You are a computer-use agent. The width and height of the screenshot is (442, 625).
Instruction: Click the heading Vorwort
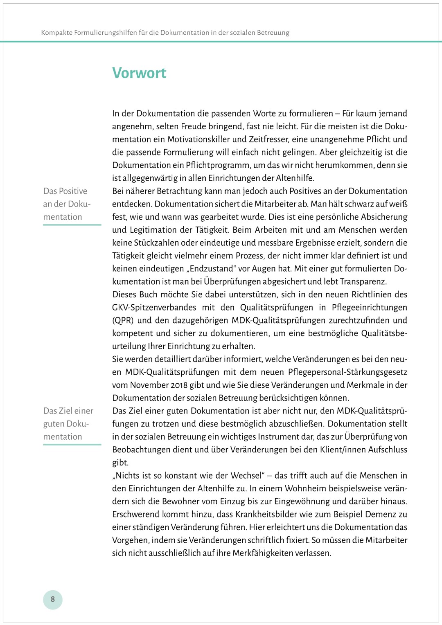139,73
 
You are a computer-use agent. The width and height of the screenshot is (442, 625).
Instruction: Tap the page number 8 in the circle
53,599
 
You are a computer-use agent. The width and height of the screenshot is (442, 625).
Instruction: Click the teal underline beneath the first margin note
72,225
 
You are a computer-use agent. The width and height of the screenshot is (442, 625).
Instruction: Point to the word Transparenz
363,282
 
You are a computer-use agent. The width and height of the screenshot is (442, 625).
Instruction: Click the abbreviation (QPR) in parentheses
123,320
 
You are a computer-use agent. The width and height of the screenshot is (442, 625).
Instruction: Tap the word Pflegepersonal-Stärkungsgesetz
347,372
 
